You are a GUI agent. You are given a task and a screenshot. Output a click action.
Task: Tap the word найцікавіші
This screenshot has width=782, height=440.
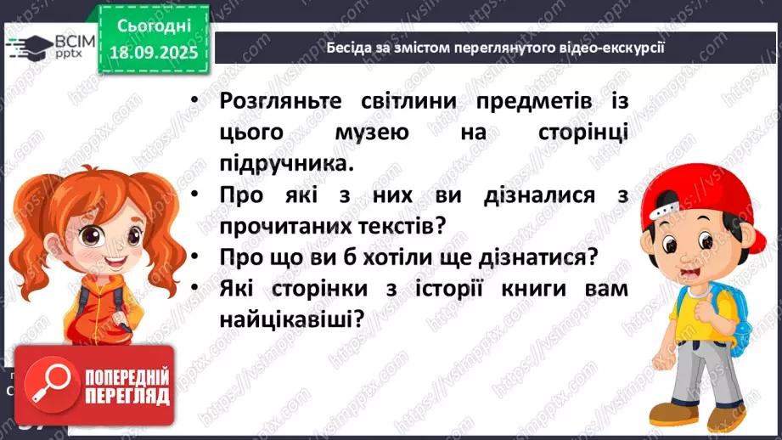(x=287, y=319)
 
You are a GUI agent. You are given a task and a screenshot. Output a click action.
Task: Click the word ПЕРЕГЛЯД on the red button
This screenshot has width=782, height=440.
(x=128, y=397)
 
